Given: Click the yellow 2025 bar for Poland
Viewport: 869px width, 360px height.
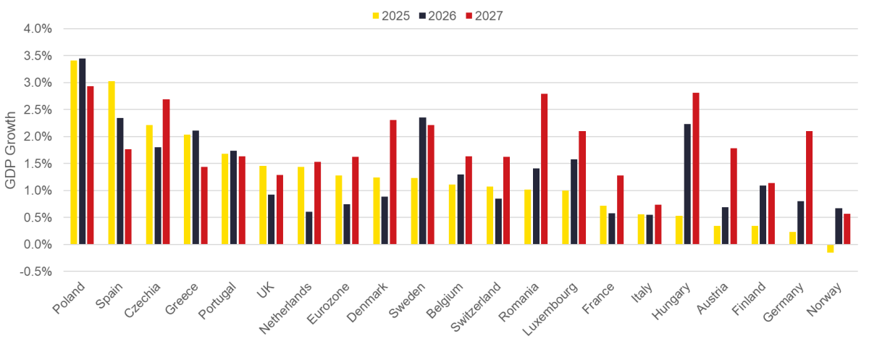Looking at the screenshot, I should [74, 152].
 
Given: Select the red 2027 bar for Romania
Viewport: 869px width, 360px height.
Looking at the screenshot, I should [545, 169].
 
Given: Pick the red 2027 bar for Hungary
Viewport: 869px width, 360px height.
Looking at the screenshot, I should [696, 168].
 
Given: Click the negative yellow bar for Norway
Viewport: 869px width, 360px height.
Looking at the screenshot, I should [830, 248].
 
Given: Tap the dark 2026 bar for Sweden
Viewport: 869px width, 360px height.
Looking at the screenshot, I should [422, 181].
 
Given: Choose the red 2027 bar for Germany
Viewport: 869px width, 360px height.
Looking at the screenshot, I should [810, 188].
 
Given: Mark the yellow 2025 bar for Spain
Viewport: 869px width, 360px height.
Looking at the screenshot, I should [112, 162].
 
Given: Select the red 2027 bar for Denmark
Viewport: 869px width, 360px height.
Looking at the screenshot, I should [393, 182].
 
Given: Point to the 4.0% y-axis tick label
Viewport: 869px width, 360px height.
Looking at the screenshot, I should [38, 29].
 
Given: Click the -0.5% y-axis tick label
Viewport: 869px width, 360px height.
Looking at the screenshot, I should [36, 272].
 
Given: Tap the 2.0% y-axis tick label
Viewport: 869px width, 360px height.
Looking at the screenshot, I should [38, 137].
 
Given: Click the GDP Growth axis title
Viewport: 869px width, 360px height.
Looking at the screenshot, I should [10, 151].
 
